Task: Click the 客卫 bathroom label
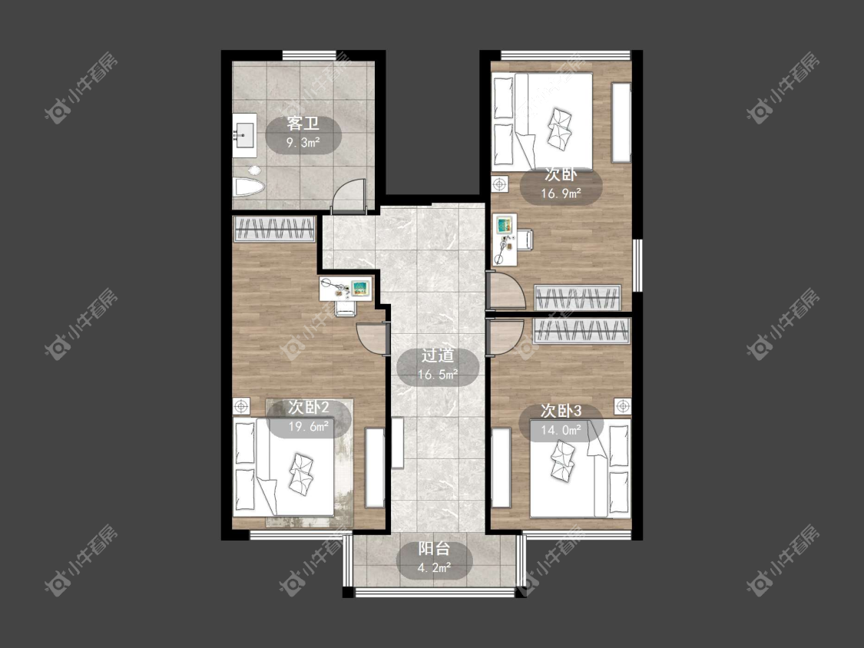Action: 303,123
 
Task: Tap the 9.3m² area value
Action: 303,144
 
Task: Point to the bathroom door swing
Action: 350,195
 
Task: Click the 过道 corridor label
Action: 438,355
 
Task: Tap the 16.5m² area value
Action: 438,375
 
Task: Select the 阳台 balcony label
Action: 435,548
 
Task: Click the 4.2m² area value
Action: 435,568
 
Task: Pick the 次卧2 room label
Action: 309,407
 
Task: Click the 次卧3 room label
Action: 561,411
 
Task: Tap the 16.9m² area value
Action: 561,193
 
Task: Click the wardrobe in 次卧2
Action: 274,229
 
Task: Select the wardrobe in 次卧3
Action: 582,331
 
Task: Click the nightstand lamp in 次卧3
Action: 623,407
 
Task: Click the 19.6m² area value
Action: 310,427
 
